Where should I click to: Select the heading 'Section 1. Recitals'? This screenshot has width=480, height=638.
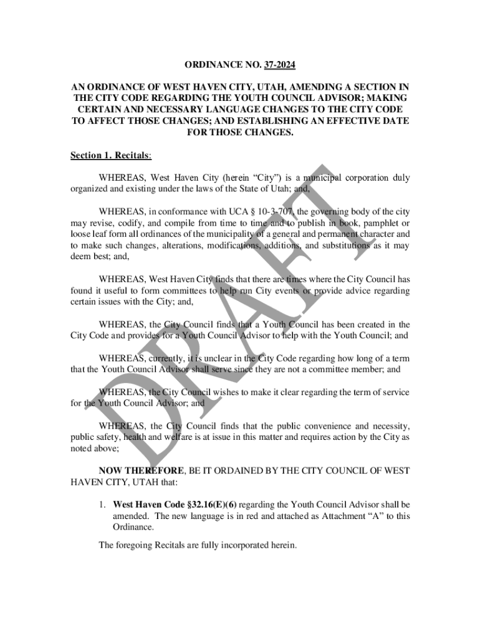click(x=107, y=155)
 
